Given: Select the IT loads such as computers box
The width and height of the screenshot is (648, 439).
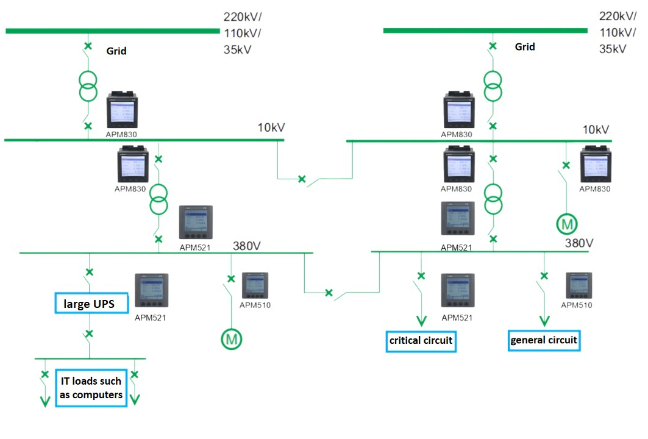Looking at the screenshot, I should point(91,388).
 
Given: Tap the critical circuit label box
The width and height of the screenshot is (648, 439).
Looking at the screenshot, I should point(421,340).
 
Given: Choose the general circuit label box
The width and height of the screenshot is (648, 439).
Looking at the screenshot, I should point(544,340).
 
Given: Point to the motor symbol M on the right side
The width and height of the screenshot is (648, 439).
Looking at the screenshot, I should point(567,224).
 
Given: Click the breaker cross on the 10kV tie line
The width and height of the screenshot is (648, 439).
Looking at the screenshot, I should point(301,179).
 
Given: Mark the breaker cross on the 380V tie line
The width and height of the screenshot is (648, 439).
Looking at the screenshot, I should point(329,293).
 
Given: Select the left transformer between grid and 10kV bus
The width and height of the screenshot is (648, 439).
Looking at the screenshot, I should point(88,87).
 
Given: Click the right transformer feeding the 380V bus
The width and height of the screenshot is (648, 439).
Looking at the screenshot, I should point(493,199).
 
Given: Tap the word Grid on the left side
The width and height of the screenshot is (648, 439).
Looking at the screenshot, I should point(116,51).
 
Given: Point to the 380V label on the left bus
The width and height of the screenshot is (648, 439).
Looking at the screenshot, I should point(247,246).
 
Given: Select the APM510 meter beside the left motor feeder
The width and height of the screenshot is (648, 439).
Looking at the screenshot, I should point(255,285).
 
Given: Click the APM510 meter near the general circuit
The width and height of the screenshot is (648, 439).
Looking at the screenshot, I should point(579,285).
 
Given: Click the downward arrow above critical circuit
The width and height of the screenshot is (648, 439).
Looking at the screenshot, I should point(421,320).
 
